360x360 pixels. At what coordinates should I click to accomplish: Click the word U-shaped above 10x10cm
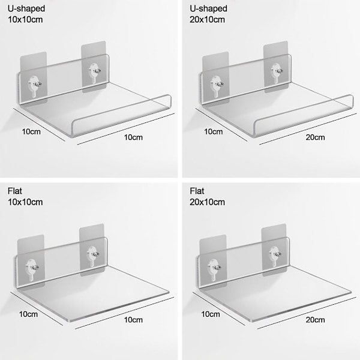pos(26,9)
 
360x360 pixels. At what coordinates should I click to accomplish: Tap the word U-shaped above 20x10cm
pos(208,9)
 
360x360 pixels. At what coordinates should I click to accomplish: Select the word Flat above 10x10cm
pos(14,191)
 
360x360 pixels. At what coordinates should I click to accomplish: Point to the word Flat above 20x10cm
pos(197,191)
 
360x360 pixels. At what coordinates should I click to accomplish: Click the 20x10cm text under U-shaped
pos(207,20)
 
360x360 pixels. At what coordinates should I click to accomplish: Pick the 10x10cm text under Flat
pos(25,202)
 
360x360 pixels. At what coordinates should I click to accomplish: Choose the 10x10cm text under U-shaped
pos(25,20)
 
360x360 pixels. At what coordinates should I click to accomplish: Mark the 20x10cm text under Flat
pos(207,202)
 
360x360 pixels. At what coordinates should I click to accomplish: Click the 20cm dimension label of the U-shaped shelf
pos(315,137)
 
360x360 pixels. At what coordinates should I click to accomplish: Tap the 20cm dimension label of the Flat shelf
pos(315,320)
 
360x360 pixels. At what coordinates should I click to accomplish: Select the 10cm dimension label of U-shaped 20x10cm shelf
pos(213,131)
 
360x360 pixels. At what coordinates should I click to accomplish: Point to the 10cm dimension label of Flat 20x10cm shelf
pos(211,314)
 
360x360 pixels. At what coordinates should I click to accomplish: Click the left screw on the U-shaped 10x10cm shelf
pos(37,84)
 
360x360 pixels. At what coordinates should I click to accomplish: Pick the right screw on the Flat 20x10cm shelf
pos(278,254)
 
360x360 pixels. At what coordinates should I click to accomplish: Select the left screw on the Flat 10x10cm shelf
pos(35,267)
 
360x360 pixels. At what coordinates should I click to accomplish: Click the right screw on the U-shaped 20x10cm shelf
pos(280,70)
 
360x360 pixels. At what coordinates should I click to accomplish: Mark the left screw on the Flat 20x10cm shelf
pos(217,267)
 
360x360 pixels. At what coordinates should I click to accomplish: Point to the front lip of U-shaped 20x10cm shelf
pos(303,116)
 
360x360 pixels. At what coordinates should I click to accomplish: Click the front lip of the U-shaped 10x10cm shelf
pos(122,116)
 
